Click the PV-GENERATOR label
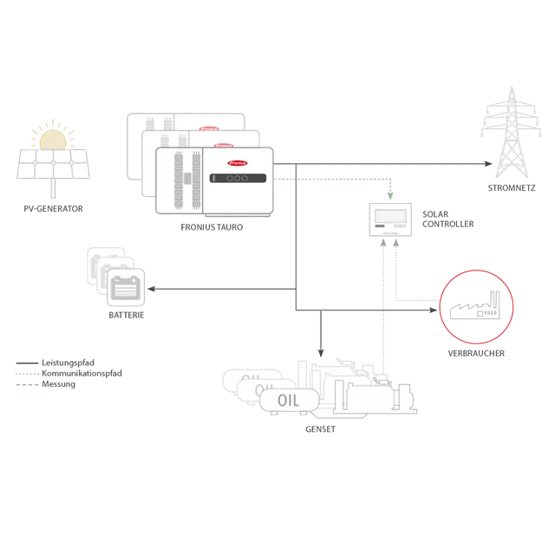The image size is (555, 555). tap(53, 209)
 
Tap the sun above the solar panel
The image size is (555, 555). tap(53, 140)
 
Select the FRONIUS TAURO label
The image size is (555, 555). tap(212, 227)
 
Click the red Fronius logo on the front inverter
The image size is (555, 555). tap(238, 163)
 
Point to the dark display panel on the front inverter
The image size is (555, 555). tap(238, 178)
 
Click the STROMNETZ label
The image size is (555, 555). tap(512, 188)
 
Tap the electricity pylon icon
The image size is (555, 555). tap(511, 133)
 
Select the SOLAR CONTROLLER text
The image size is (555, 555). tap(447, 219)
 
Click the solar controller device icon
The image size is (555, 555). tap(390, 219)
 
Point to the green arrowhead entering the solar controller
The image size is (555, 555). tap(390, 196)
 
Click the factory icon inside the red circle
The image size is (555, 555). tap(474, 305)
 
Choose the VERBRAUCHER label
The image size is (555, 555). tap(476, 353)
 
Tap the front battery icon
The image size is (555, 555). tap(126, 287)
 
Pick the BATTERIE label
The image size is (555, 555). tap(127, 315)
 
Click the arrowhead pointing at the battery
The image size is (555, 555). tap(152, 289)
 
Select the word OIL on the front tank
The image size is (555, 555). tap(289, 401)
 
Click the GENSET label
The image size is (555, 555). tap(320, 429)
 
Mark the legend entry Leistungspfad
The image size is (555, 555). tap(68, 362)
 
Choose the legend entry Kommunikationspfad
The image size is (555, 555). tap(82, 374)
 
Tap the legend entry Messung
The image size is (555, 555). tap(58, 384)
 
